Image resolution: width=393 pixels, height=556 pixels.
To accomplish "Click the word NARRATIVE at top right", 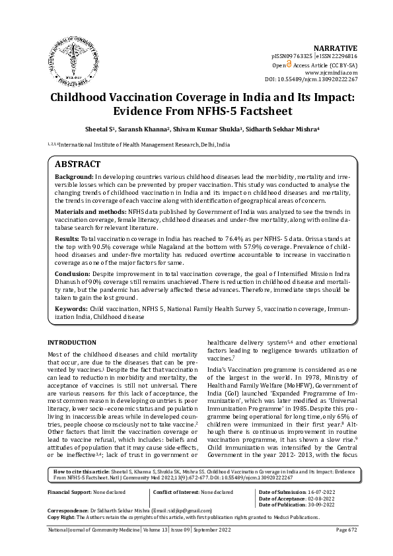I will tap(335, 49).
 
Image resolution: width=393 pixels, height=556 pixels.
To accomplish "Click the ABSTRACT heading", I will tap(77, 164).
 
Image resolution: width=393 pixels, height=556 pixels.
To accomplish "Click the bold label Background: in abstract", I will tap(74, 178).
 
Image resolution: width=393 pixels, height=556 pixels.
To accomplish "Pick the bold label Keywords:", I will tap(71, 308).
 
